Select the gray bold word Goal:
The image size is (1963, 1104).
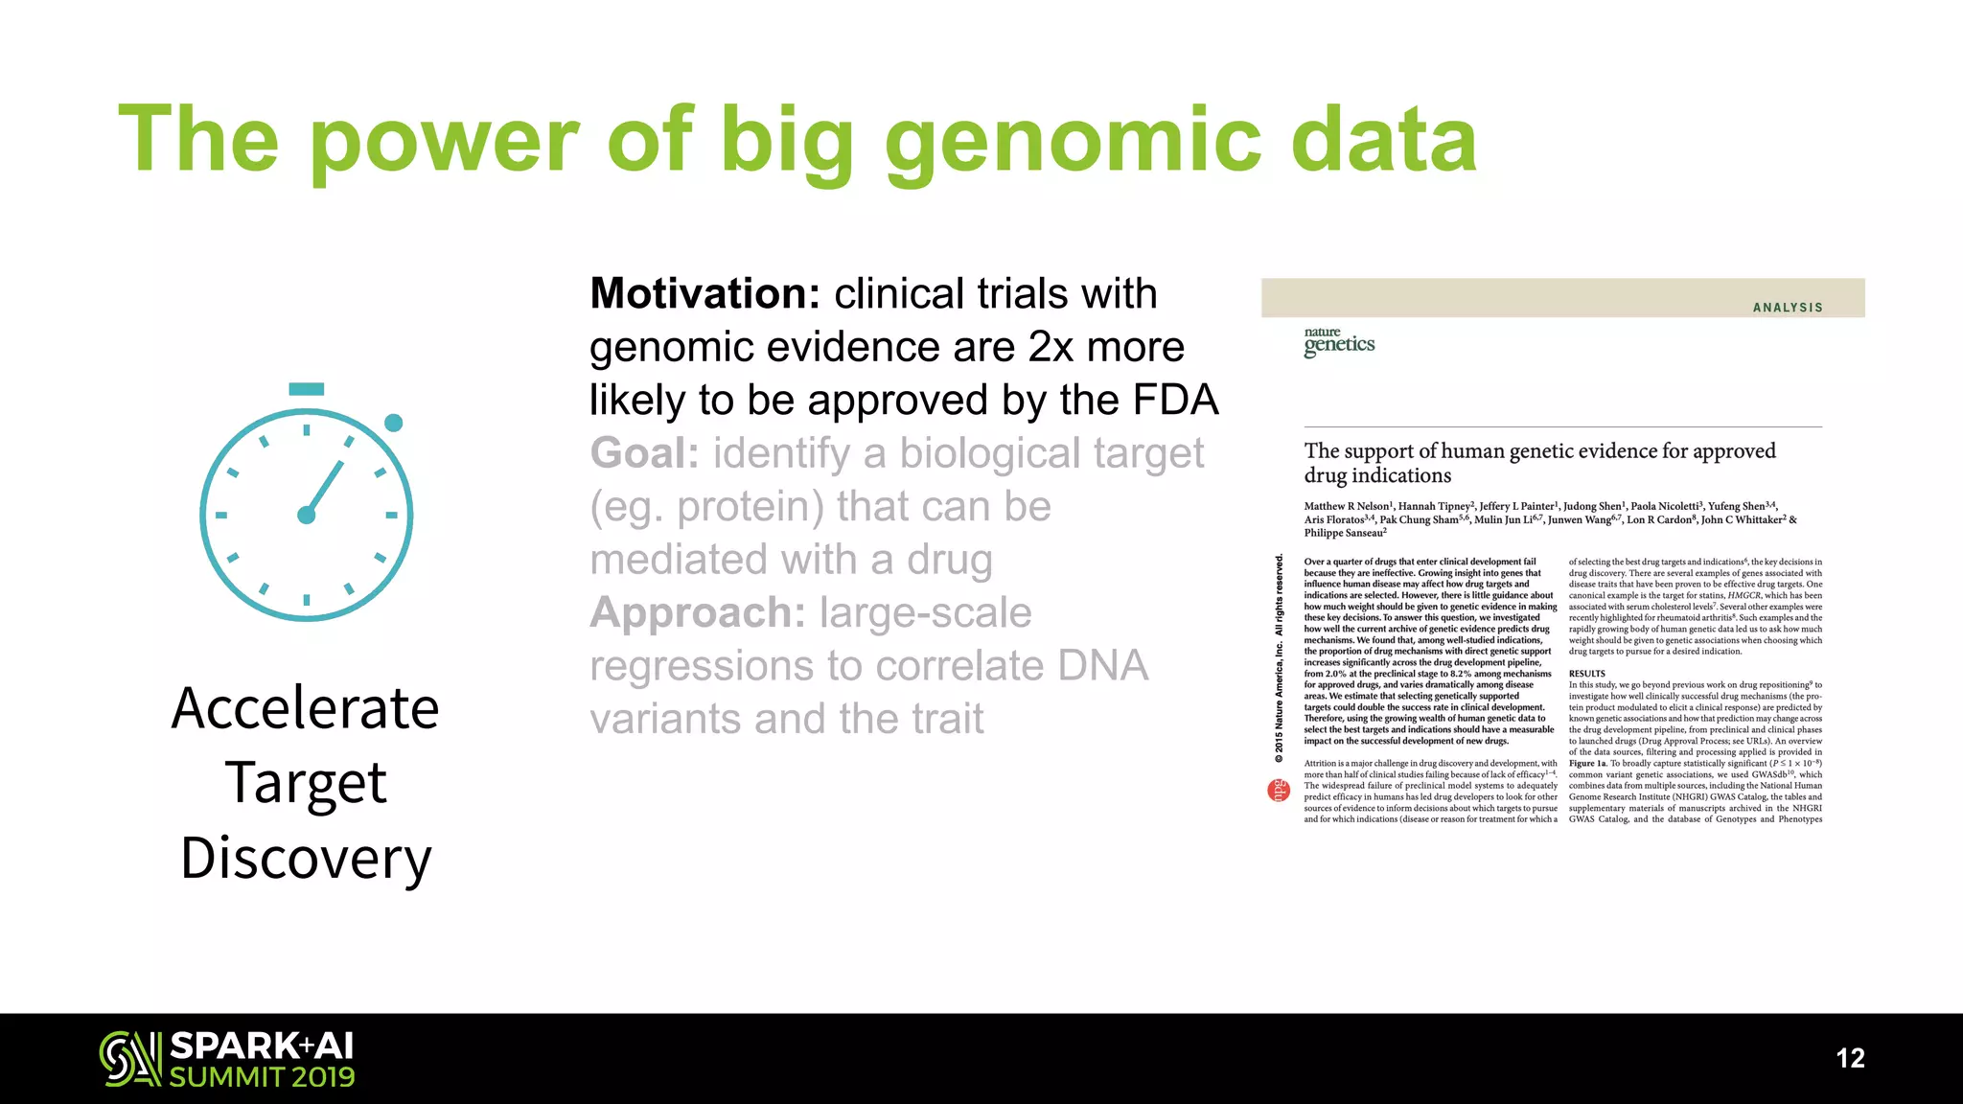[x=644, y=453]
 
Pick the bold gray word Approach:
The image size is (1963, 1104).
[x=697, y=613]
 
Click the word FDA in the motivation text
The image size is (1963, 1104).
[x=1175, y=401]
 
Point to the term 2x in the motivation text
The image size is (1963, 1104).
[x=1051, y=348]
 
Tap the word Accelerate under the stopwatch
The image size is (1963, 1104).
[x=305, y=709]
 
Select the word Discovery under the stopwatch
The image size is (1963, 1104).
[x=305, y=858]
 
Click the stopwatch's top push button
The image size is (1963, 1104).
[x=306, y=389]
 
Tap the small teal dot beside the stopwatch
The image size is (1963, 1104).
[x=393, y=423]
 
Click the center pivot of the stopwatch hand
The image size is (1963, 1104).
[x=307, y=516]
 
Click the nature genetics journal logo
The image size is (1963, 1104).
[x=1338, y=342]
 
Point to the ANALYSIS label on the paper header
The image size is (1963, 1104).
[x=1787, y=308]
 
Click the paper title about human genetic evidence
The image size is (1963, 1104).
[x=1538, y=463]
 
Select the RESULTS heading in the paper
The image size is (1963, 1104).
[x=1586, y=674]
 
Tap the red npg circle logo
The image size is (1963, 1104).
[x=1278, y=791]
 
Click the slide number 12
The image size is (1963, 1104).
[x=1850, y=1058]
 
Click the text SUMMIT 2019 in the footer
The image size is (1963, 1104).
[x=262, y=1077]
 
